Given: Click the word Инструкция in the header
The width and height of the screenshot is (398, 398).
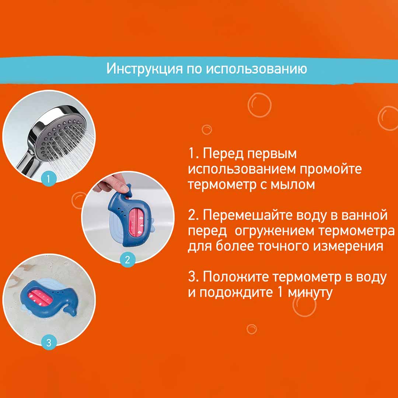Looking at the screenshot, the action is [144, 69].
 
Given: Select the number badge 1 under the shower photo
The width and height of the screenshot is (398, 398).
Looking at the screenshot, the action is [49, 179].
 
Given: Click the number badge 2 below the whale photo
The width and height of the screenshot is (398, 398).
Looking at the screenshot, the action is [128, 259].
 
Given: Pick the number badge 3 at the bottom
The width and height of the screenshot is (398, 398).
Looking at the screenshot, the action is [49, 342].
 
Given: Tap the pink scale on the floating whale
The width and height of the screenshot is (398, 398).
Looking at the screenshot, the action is [41, 297].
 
